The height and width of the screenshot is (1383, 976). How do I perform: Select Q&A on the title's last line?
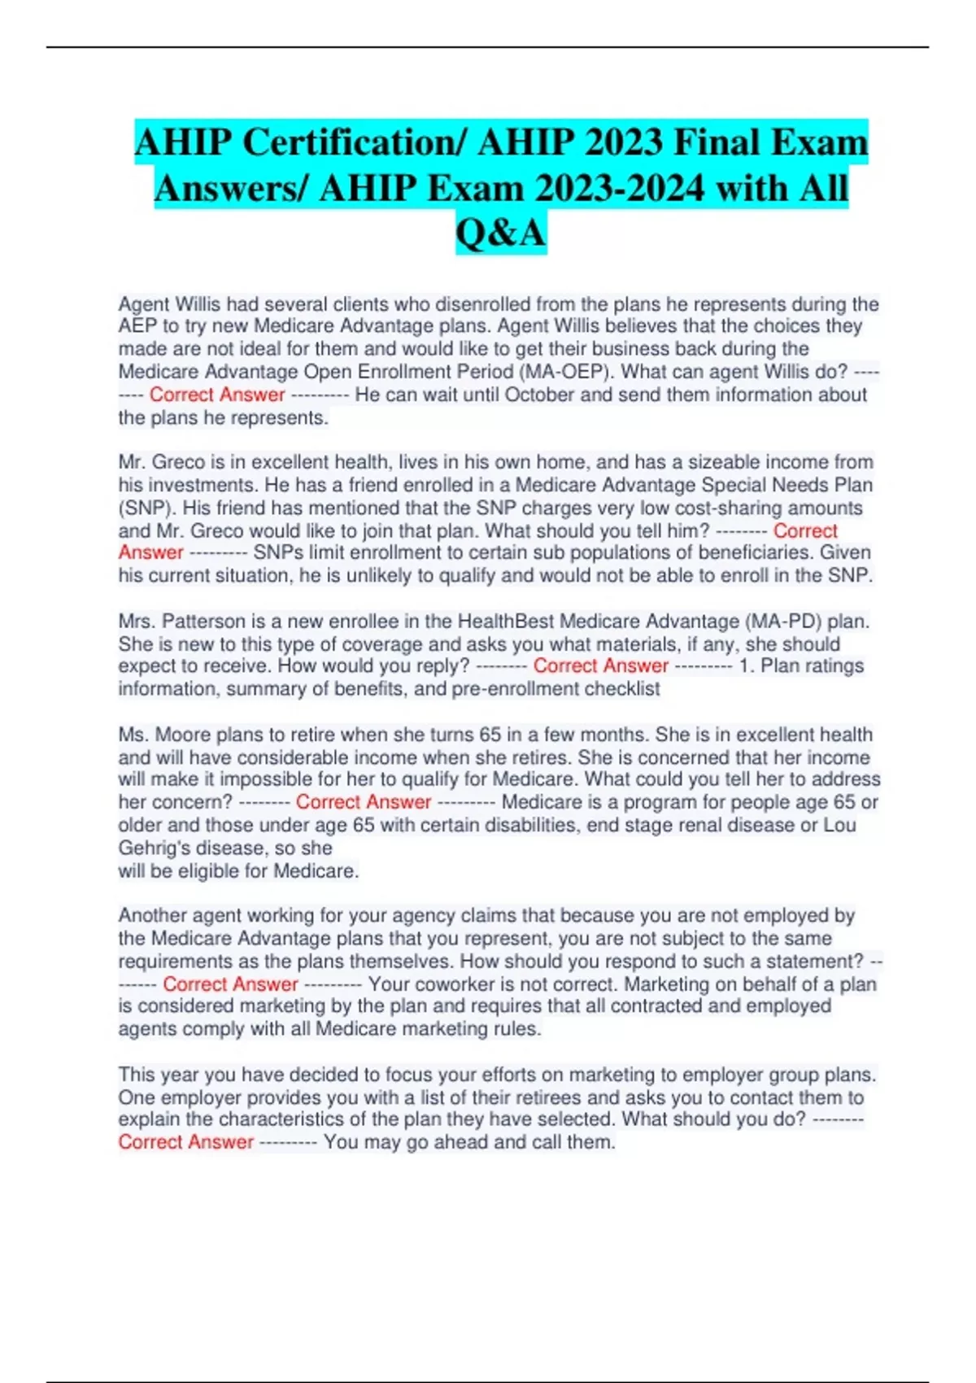[x=500, y=233]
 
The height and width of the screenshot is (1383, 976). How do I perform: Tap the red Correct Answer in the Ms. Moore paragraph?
[x=364, y=802]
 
